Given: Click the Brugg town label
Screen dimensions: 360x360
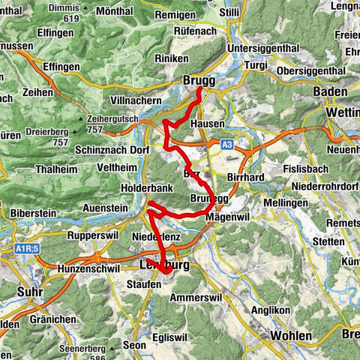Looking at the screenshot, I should coord(199,80).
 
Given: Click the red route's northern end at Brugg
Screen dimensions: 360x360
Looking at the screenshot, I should coord(200,89).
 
